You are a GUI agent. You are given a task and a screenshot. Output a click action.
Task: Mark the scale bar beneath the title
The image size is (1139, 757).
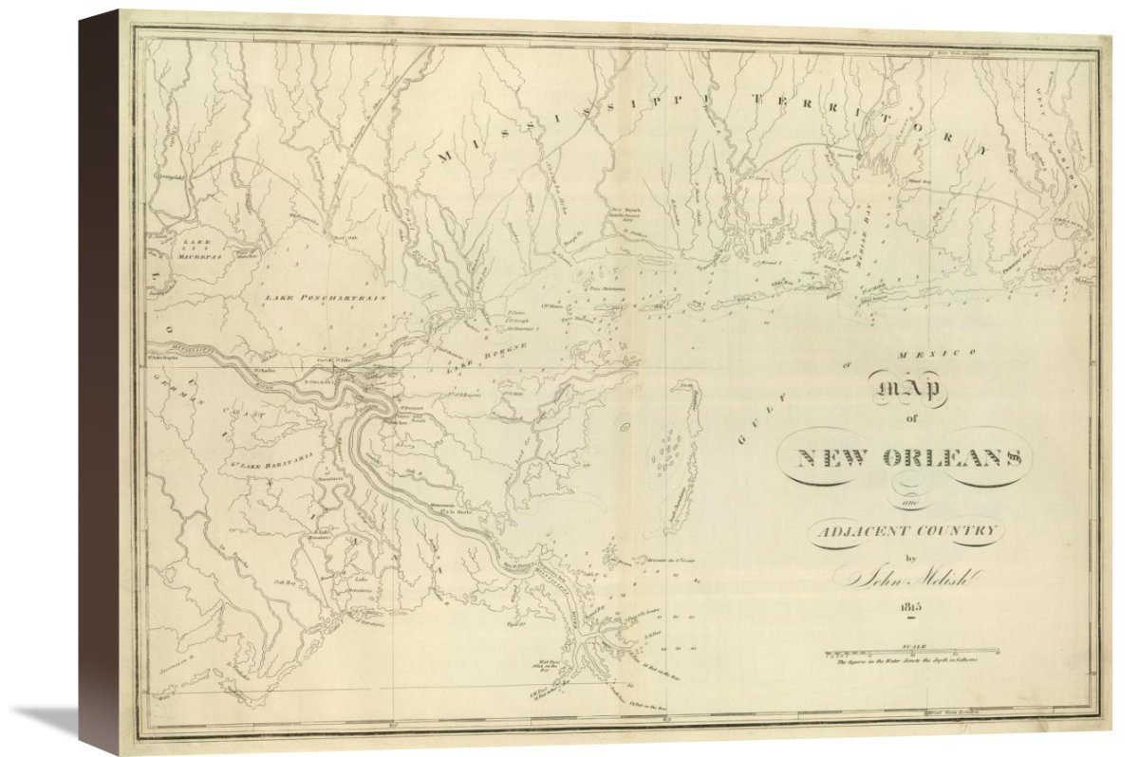[911, 652]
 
